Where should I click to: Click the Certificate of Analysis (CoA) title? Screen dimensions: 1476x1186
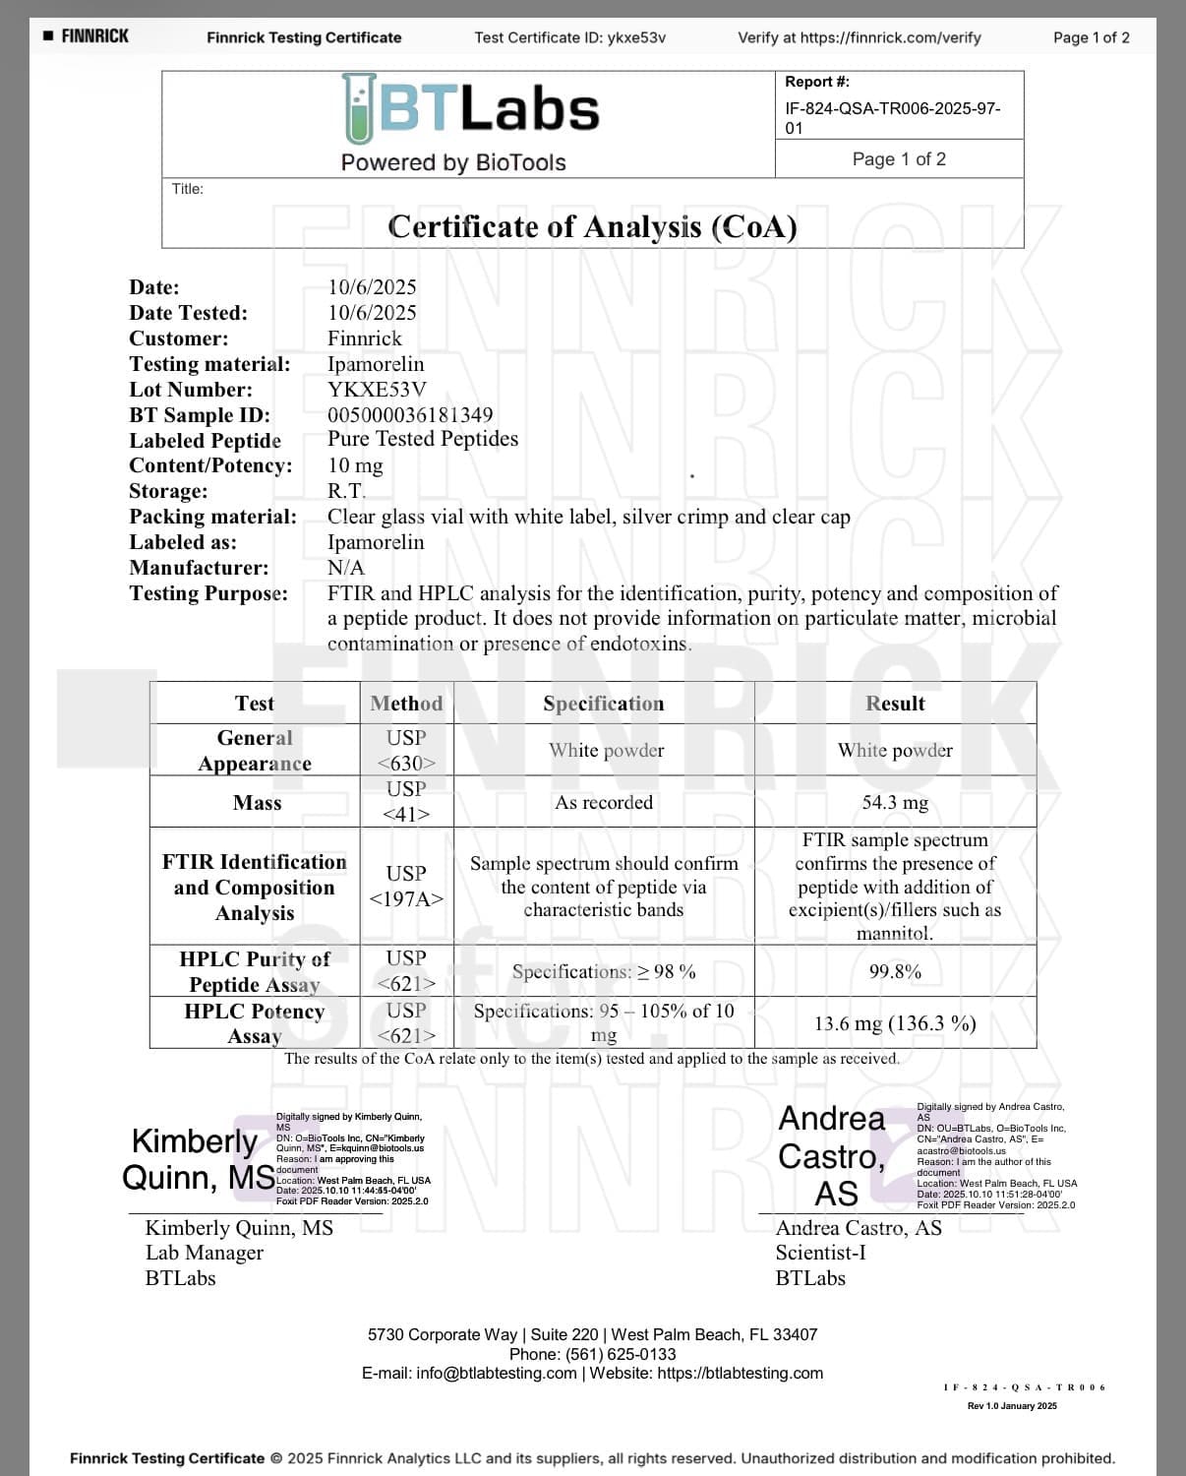(x=592, y=226)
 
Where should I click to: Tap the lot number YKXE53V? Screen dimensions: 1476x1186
(x=377, y=390)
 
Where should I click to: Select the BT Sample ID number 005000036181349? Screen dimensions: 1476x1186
(x=410, y=415)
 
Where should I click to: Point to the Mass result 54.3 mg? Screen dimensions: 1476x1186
(x=895, y=802)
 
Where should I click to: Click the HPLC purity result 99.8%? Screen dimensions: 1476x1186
(x=895, y=971)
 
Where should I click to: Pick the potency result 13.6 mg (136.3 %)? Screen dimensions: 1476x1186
(x=895, y=1023)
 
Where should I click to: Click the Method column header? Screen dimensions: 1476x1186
(x=406, y=703)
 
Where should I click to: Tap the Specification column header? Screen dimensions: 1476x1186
(x=603, y=703)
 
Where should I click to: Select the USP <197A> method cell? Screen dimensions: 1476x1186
(x=406, y=886)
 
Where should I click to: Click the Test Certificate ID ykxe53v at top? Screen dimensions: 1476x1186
(x=636, y=37)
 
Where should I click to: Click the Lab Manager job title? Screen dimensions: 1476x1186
(x=205, y=1253)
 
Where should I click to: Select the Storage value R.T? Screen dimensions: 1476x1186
(x=346, y=491)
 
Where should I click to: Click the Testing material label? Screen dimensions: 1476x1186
(x=209, y=364)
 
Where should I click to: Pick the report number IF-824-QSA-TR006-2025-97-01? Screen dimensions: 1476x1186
(x=892, y=118)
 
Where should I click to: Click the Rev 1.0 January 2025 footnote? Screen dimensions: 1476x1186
(x=1012, y=1405)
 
